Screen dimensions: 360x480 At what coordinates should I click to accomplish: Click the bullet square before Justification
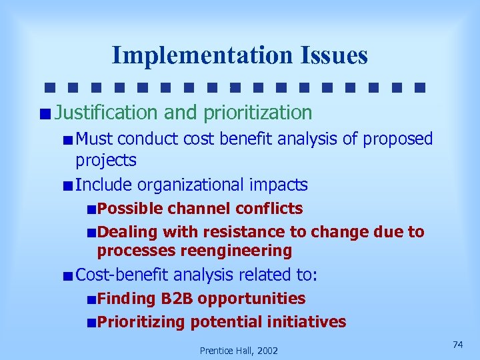[44, 113]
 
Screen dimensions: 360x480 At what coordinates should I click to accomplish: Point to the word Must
[94, 139]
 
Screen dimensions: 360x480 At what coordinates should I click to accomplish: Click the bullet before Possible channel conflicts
[91, 209]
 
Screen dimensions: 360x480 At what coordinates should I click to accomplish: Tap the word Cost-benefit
[123, 275]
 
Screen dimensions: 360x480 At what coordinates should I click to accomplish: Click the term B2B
[175, 299]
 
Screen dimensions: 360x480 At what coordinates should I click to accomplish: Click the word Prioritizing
[141, 322]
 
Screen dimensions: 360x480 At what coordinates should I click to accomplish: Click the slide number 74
[457, 344]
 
